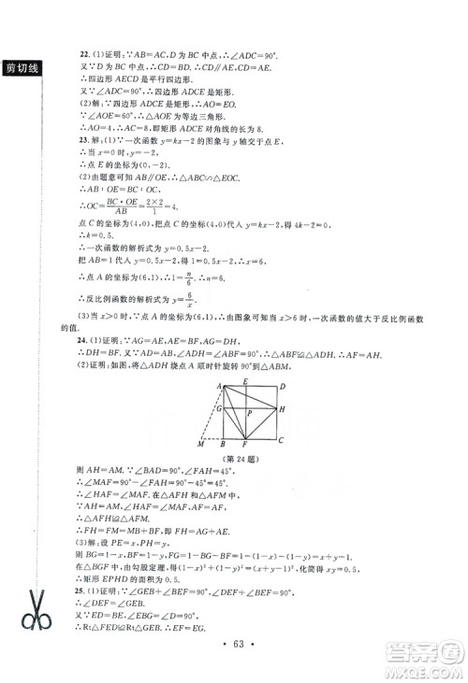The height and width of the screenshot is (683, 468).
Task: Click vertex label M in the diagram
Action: tap(200, 445)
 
